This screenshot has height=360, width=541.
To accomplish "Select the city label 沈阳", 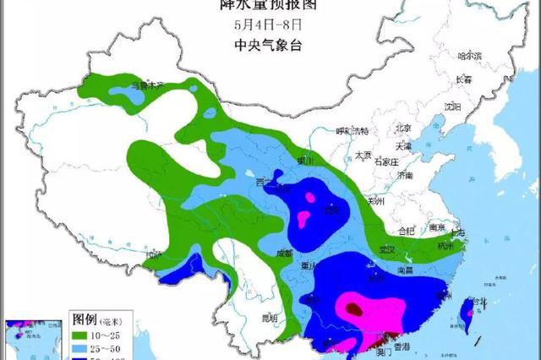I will click(x=453, y=106).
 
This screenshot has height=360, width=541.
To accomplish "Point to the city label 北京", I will click(x=402, y=128).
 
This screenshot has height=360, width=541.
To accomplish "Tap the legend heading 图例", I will click(x=85, y=320).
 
